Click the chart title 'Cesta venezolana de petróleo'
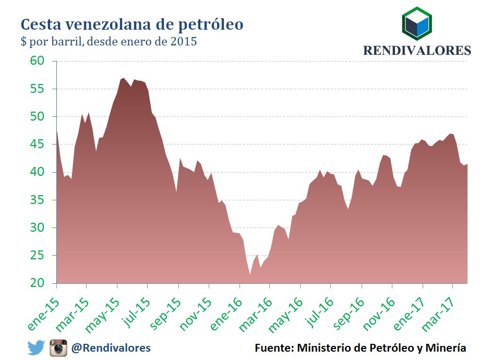(131, 24)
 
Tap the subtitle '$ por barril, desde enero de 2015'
(109, 42)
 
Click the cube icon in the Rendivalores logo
(417, 25)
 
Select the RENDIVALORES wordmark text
(417, 51)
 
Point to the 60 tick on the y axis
(44, 61)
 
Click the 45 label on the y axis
(44, 145)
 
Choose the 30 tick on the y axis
(44, 228)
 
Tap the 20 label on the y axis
(44, 283)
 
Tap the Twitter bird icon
(36, 347)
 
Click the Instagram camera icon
(58, 347)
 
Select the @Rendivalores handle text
(111, 347)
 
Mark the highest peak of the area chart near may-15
(123, 78)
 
